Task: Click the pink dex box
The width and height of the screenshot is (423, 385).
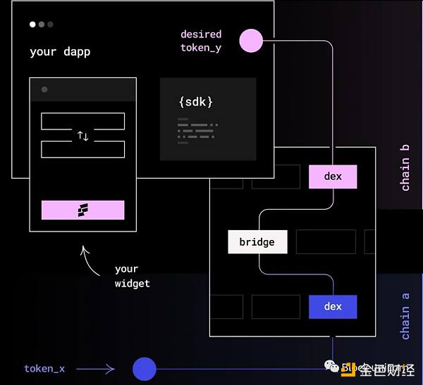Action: [333, 177]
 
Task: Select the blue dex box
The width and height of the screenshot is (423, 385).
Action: [333, 306]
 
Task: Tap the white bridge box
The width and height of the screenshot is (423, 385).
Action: [257, 242]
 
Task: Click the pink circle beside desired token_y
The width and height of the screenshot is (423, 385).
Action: [250, 41]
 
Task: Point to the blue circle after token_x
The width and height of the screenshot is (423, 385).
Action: [145, 369]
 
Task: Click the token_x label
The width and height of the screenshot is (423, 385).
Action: [44, 368]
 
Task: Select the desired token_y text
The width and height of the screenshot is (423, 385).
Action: [201, 41]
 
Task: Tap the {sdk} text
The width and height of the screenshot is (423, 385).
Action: [195, 102]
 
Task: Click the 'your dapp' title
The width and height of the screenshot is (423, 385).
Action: [60, 51]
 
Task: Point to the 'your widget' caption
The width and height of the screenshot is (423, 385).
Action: [133, 276]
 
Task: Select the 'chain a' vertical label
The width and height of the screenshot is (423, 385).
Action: [405, 313]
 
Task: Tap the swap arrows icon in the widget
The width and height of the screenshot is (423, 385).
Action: [83, 136]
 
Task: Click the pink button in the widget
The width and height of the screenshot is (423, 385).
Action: [83, 210]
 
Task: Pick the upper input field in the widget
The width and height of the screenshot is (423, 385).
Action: [83, 121]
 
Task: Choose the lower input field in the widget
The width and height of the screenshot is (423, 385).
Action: [83, 149]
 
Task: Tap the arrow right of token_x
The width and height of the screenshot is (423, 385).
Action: [95, 368]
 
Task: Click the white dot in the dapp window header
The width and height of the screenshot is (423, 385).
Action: [32, 25]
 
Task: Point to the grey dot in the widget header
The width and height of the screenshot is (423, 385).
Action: [44, 89]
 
